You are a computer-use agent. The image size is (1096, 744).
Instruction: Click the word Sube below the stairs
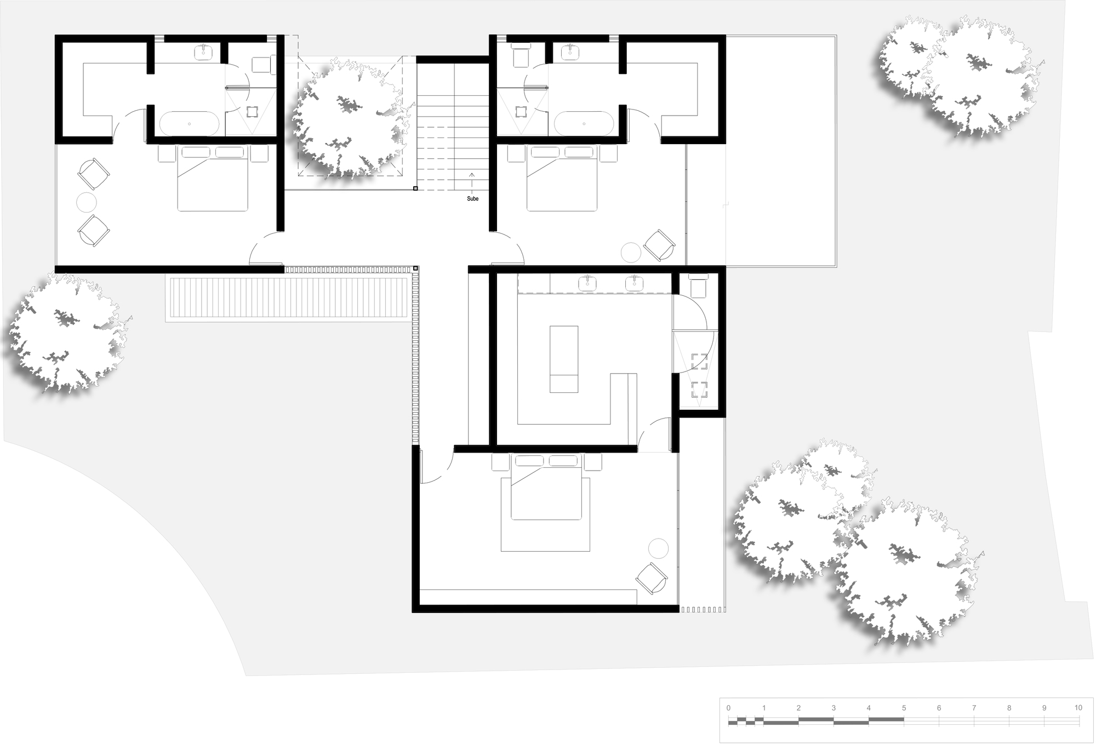(472, 198)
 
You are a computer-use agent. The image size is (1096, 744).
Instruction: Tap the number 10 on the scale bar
(1078, 708)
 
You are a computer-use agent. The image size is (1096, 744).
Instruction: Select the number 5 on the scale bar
(904, 708)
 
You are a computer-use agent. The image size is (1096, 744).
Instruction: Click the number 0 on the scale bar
(728, 708)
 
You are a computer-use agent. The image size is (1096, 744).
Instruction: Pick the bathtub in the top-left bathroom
(190, 123)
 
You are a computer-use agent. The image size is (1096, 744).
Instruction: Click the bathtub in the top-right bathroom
(584, 123)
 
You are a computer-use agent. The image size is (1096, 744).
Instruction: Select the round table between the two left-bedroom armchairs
(87, 203)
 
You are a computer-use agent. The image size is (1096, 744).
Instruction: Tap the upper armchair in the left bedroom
(94, 174)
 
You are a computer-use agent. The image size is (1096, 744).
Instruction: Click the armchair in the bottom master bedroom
(652, 578)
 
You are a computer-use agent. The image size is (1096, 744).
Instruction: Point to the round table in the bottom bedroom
(658, 548)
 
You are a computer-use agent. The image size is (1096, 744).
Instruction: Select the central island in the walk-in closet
(564, 359)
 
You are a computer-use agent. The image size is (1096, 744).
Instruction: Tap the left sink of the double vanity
(587, 283)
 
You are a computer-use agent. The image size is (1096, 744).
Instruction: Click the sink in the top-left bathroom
(203, 52)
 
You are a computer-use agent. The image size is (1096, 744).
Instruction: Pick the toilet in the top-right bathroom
(519, 55)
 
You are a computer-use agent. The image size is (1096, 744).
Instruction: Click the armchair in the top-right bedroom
(659, 245)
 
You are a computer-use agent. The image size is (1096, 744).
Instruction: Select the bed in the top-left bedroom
(212, 179)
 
